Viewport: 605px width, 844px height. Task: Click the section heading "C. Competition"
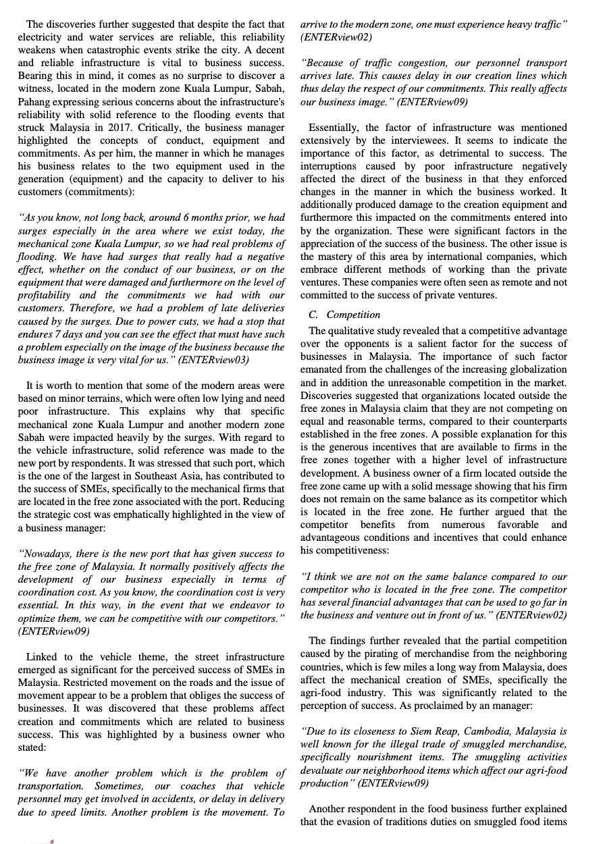pyautogui.click(x=344, y=315)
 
